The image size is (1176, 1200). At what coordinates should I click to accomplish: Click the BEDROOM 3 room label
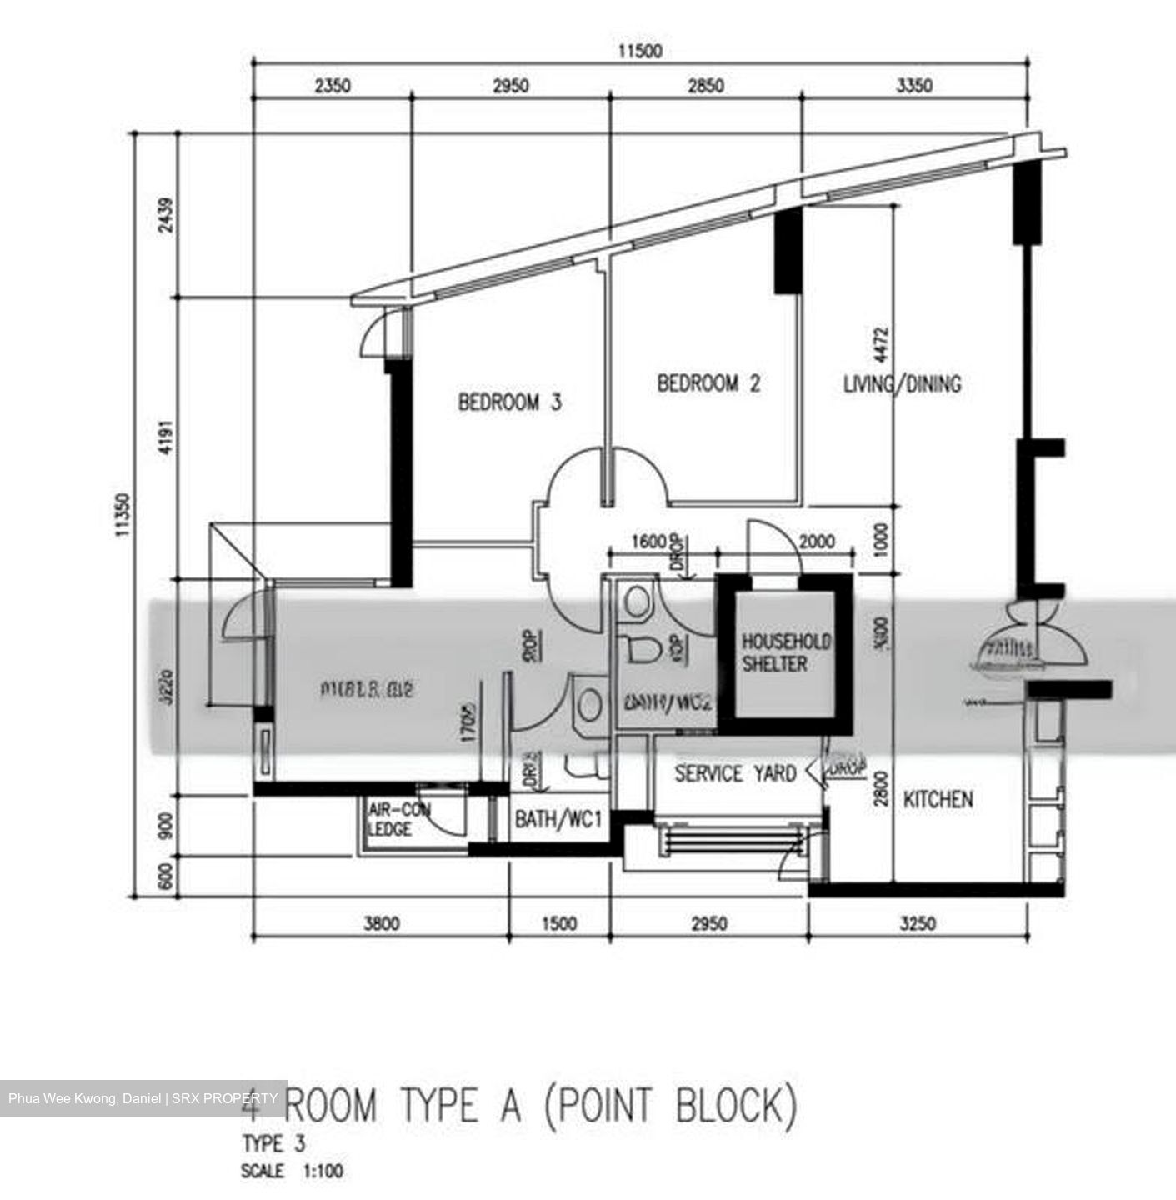(x=509, y=402)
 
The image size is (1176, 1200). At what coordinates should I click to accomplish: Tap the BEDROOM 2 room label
(x=708, y=383)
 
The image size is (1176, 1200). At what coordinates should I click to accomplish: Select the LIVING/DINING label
(x=902, y=384)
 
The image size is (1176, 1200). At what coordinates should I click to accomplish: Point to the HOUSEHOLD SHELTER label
(x=786, y=652)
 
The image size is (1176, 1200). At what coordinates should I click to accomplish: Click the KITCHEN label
(x=938, y=800)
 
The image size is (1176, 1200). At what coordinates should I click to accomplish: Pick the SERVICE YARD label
(x=734, y=774)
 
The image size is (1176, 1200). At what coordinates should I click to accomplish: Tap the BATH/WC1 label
(x=558, y=820)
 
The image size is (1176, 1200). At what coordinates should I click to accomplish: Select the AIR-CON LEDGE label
(x=399, y=820)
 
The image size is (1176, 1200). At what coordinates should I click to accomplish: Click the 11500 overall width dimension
(x=639, y=52)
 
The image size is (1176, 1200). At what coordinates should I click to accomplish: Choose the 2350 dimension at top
(x=333, y=86)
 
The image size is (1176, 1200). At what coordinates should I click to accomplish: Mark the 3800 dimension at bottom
(x=381, y=923)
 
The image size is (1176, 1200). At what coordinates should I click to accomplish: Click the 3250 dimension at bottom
(x=918, y=923)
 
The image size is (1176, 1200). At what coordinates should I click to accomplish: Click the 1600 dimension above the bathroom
(x=648, y=542)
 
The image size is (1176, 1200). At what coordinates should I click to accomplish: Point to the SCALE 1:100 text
(x=292, y=1172)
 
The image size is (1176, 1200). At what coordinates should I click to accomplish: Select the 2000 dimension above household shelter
(x=816, y=542)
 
